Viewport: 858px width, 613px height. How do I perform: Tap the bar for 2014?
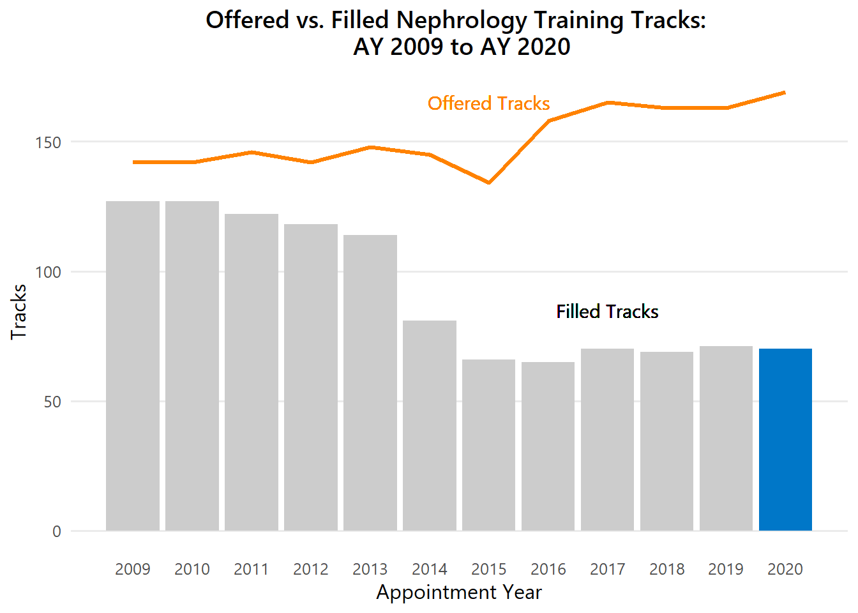pos(430,425)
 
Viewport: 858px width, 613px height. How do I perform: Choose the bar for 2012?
pos(311,377)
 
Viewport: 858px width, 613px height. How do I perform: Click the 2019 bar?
pos(726,438)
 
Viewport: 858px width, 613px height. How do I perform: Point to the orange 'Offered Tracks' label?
pos(488,103)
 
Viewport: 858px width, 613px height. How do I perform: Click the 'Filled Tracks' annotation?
pos(607,312)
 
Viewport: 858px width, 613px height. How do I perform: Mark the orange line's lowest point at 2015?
pos(489,183)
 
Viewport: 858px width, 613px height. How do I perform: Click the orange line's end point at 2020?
pos(785,93)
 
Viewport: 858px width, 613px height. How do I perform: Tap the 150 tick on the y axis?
pos(49,142)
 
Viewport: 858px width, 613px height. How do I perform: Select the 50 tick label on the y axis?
pos(53,402)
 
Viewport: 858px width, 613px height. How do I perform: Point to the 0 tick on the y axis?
pos(57,531)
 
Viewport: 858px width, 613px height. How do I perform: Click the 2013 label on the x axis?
pos(370,569)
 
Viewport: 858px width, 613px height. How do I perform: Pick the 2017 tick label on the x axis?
pos(607,569)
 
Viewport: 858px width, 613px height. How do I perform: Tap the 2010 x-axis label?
pos(192,569)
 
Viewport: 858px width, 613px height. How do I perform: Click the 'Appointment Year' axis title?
pos(459,593)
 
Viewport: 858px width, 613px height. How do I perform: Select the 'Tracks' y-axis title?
pos(19,312)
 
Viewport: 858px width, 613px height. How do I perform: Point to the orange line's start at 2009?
pos(133,162)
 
